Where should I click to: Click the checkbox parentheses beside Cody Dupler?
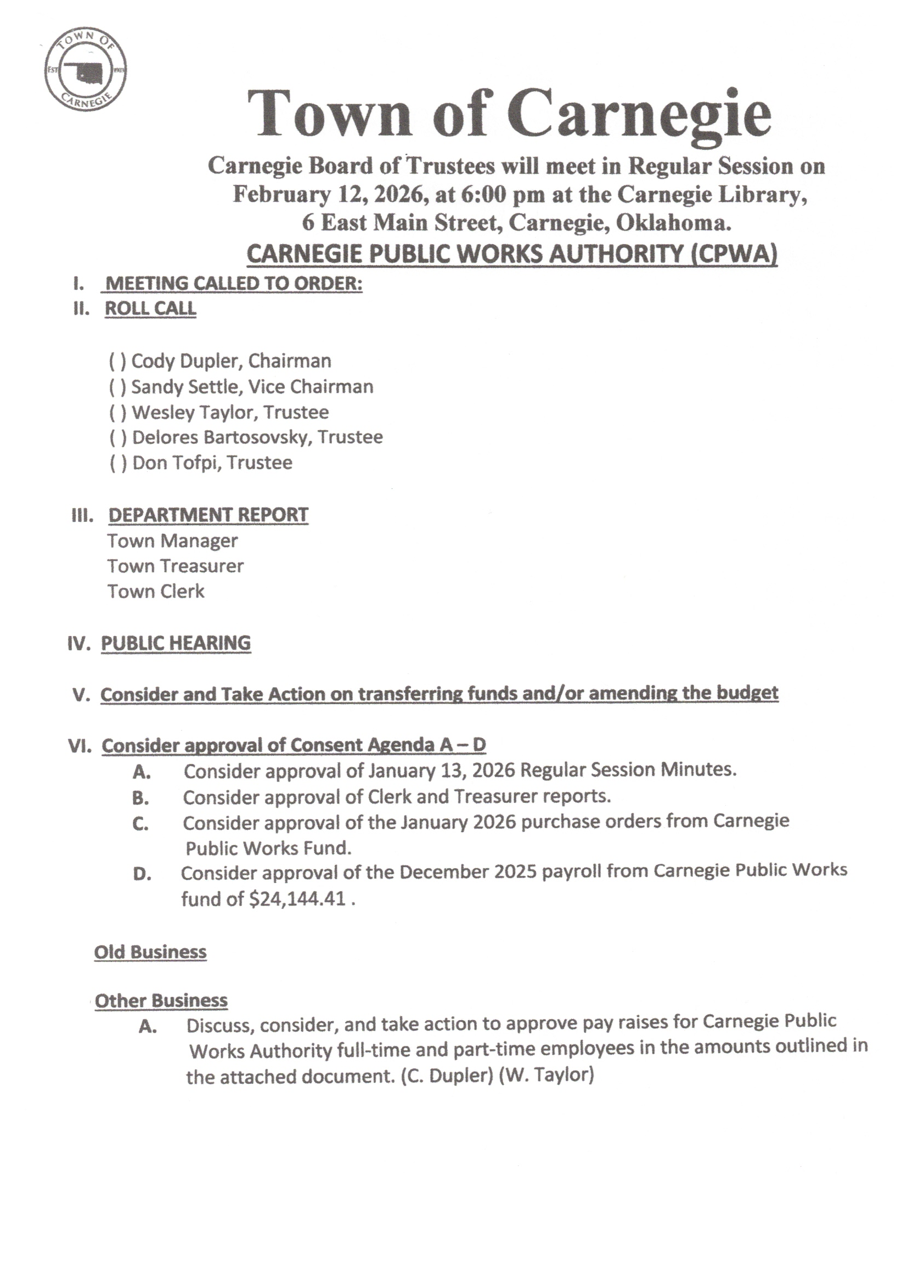click(117, 362)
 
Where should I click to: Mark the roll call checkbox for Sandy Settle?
click(117, 387)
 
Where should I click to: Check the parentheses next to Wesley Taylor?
click(117, 413)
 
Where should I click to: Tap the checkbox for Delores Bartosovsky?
click(117, 437)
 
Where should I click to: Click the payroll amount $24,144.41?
click(297, 898)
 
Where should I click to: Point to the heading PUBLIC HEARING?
click(176, 643)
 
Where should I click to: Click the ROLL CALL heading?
click(150, 308)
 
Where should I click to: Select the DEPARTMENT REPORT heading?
click(208, 515)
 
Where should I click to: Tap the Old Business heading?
click(150, 952)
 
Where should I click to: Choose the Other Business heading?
click(161, 1000)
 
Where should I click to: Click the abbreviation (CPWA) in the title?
click(733, 254)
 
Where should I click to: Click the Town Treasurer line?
click(176, 566)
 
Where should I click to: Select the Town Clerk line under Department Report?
click(156, 591)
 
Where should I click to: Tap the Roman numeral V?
click(82, 695)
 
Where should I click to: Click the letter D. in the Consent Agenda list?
click(142, 874)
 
